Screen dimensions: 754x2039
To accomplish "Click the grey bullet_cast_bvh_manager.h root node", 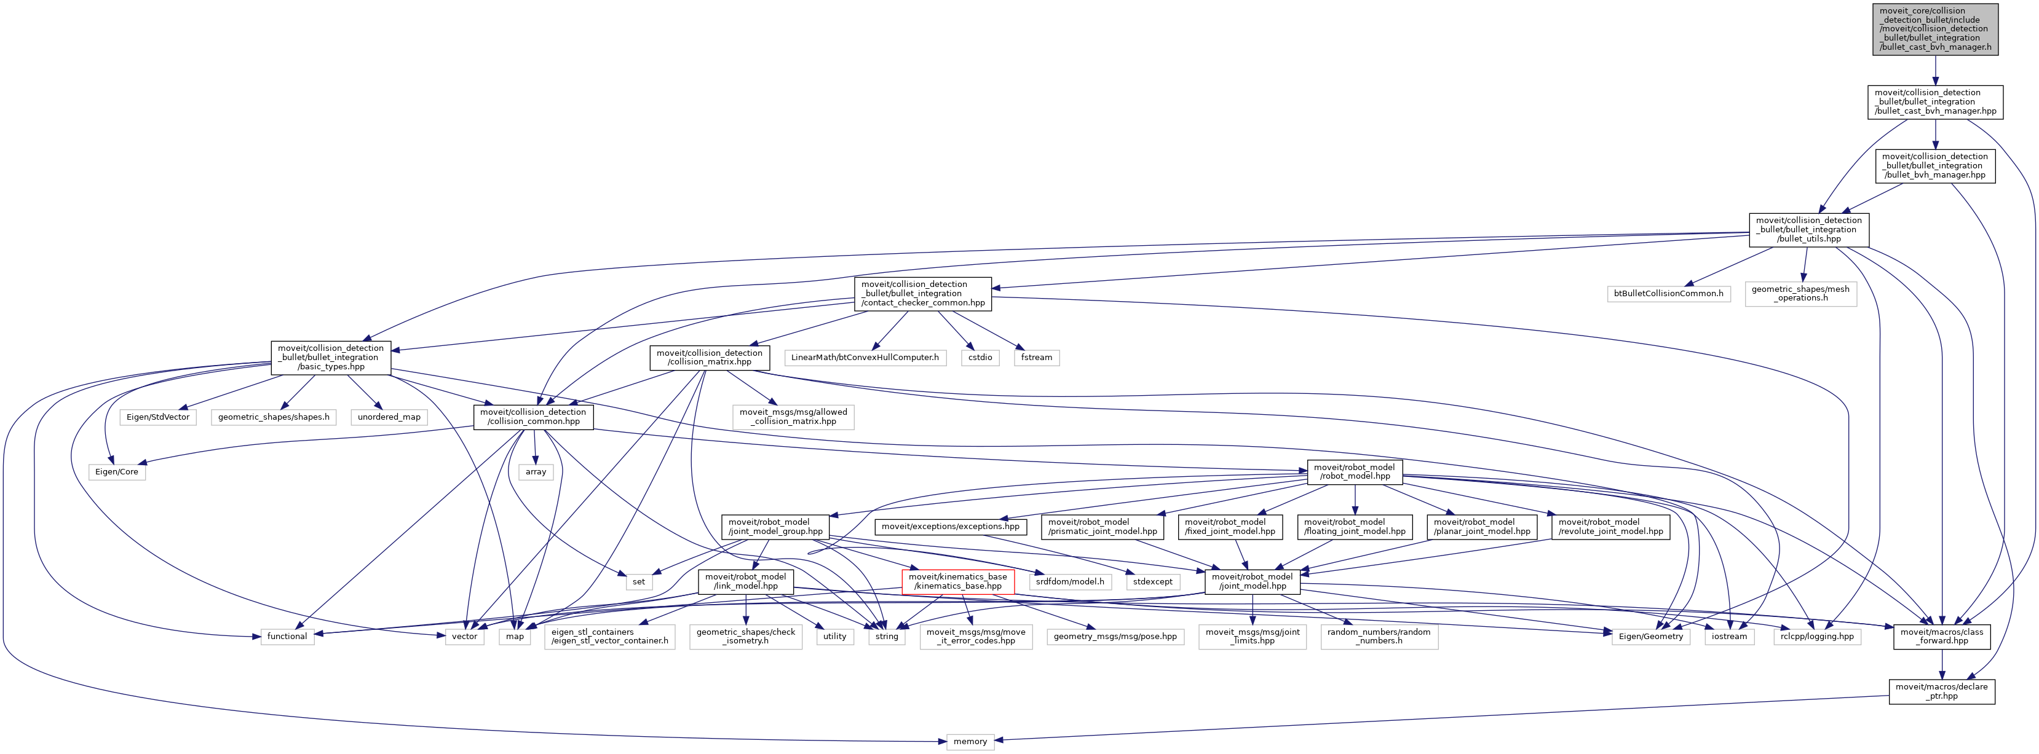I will [x=1934, y=29].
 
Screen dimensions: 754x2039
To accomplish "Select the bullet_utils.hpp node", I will [x=1808, y=229].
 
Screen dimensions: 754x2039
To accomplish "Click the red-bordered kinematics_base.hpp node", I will [x=958, y=581].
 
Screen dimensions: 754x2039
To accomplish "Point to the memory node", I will [x=970, y=741].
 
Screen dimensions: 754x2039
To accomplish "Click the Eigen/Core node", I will [x=116, y=471].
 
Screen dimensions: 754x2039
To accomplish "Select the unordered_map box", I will [x=389, y=417].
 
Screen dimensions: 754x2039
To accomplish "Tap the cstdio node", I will [x=980, y=358].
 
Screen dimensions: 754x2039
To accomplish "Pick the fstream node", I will [x=1036, y=358].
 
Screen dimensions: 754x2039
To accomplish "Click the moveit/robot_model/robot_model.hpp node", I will [x=1355, y=471].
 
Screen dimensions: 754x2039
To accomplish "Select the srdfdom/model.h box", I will [x=1069, y=581].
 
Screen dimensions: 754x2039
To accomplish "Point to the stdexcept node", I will [x=1152, y=581].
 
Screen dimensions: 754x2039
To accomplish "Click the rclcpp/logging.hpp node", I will [x=1816, y=636].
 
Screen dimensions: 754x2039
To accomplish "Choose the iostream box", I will [x=1728, y=636].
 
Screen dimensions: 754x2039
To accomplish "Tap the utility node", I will [x=834, y=636].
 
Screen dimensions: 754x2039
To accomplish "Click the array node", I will [x=536, y=471].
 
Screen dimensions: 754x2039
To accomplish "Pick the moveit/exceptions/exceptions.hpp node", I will [x=950, y=526].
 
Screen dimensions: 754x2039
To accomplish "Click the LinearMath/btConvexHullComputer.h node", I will [x=865, y=358].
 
